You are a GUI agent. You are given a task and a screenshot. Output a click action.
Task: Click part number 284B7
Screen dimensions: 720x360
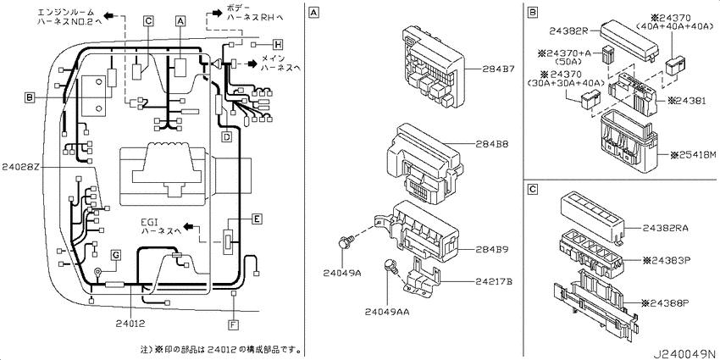click(x=498, y=69)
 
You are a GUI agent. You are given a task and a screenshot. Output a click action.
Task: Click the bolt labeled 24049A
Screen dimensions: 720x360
click(x=345, y=241)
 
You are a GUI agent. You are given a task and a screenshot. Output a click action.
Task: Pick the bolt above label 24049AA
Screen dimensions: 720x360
click(x=390, y=265)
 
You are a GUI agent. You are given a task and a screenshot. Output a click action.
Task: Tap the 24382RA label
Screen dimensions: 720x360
click(x=660, y=228)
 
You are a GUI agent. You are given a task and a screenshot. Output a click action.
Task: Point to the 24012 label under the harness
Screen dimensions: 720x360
click(x=130, y=324)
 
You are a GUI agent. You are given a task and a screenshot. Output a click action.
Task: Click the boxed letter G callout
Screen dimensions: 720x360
click(x=116, y=254)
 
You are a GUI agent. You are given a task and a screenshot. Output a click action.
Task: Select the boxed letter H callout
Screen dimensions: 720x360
click(x=277, y=45)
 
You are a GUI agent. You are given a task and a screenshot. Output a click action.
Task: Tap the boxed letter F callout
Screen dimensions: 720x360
click(x=234, y=325)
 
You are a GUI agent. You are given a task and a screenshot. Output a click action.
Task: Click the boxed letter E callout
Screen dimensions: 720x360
click(x=258, y=219)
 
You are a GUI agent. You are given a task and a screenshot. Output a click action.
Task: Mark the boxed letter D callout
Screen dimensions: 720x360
click(x=227, y=136)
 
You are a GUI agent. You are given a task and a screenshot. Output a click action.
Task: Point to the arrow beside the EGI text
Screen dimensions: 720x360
click(x=189, y=227)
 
